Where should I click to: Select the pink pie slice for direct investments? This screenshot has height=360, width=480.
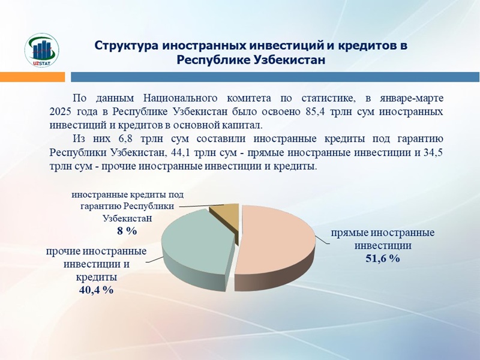(x=276, y=240)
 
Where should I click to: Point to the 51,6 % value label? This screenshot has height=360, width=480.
(x=382, y=259)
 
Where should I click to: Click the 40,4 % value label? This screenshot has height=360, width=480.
(x=95, y=289)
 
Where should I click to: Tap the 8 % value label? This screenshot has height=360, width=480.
(x=127, y=230)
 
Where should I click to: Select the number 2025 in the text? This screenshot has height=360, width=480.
(x=61, y=112)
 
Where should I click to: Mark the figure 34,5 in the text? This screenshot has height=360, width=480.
(x=432, y=152)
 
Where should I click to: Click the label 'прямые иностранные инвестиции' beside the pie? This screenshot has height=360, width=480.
(x=383, y=239)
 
